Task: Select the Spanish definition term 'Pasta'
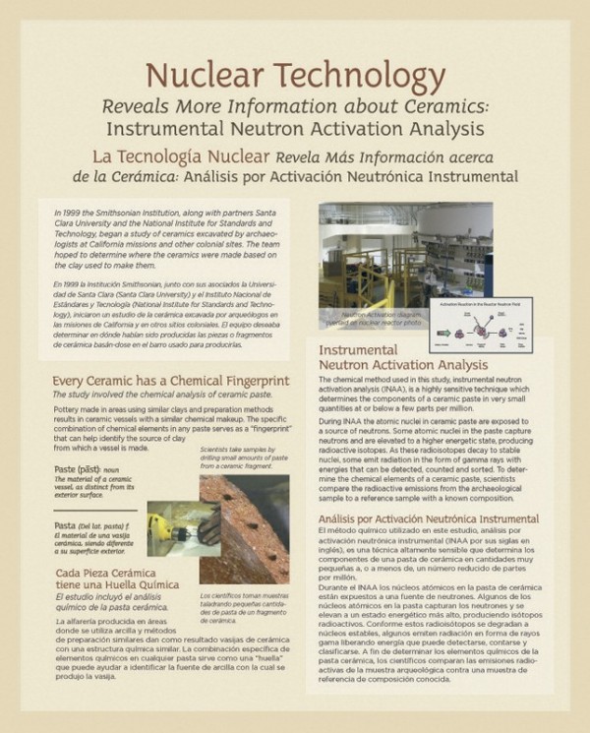coord(68,525)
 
